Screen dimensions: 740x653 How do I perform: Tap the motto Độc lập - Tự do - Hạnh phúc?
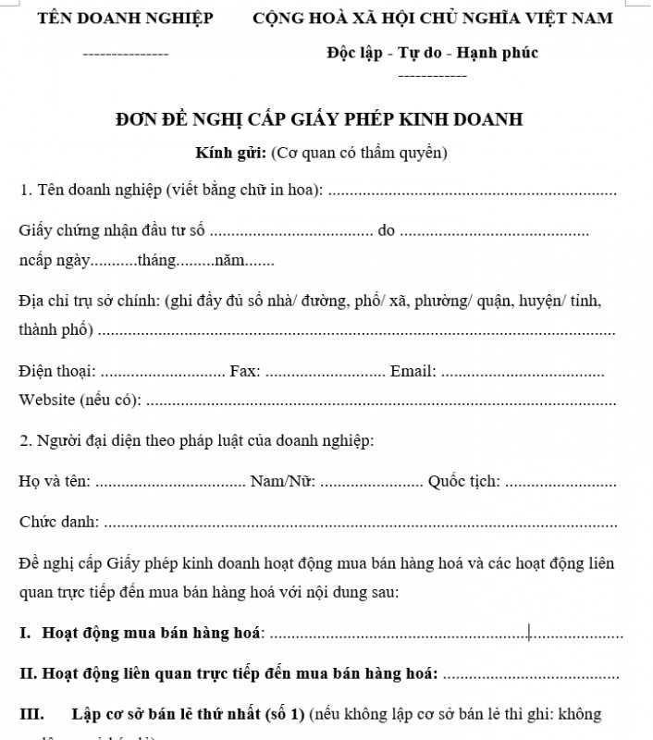click(x=432, y=53)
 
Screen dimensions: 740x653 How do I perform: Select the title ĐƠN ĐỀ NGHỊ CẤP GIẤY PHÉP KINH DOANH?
click(x=319, y=119)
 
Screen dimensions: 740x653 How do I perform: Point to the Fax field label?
click(x=245, y=371)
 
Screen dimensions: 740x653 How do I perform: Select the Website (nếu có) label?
click(x=80, y=400)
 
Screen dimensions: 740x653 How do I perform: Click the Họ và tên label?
click(x=55, y=481)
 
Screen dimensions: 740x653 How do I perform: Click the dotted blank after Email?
click(x=523, y=373)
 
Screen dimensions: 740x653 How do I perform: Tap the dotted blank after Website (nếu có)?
click(x=382, y=401)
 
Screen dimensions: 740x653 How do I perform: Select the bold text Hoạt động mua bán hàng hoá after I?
click(x=152, y=633)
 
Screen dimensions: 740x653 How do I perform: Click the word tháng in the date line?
click(x=156, y=261)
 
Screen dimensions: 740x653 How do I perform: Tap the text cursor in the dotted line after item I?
click(x=529, y=633)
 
